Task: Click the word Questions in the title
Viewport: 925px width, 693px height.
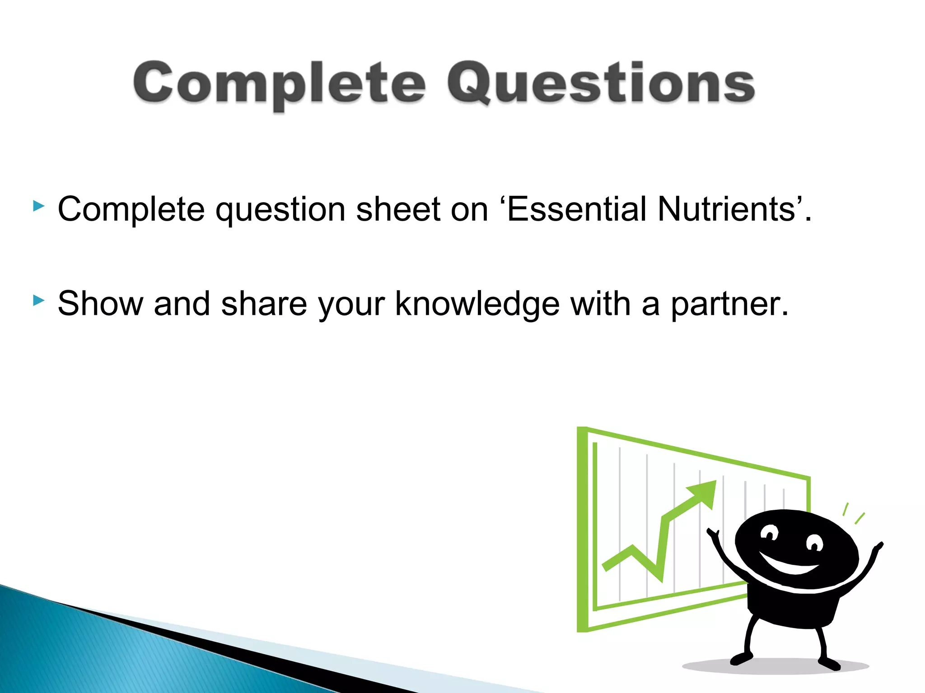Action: [601, 83]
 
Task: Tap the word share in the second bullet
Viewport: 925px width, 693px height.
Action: [264, 304]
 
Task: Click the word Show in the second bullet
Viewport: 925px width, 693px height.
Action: [100, 304]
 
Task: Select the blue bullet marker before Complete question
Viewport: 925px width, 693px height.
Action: [39, 207]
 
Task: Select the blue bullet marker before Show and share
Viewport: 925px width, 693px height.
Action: [39, 300]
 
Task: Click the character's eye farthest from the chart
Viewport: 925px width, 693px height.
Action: [814, 543]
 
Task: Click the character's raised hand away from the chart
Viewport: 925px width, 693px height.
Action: [878, 547]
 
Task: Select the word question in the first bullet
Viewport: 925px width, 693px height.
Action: [280, 210]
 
